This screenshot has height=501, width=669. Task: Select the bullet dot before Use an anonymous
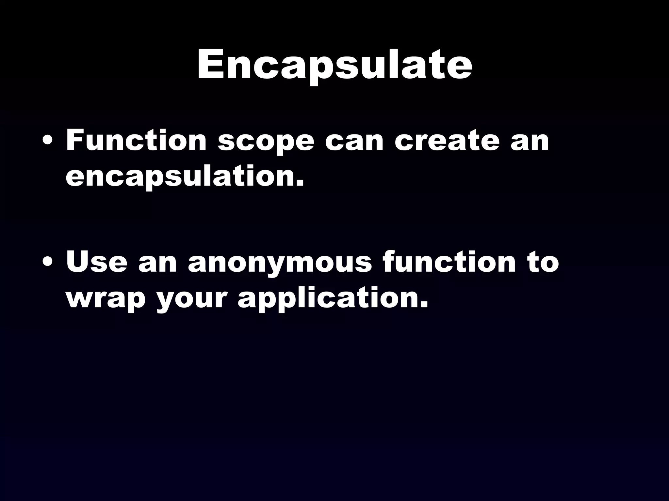click(48, 263)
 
